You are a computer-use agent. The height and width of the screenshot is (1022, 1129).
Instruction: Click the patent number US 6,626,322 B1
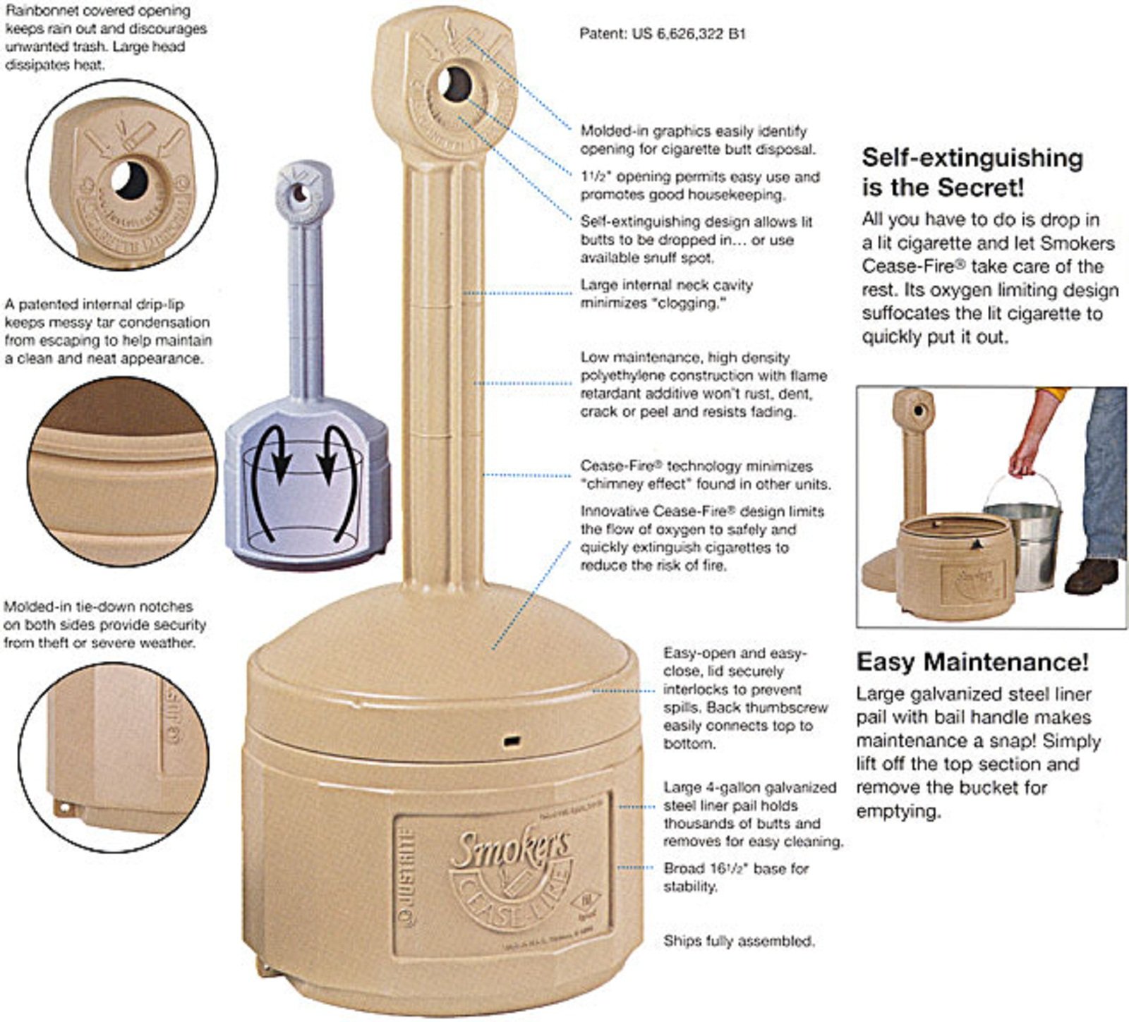662,33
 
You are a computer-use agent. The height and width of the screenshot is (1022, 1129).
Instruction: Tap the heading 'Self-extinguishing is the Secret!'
972,172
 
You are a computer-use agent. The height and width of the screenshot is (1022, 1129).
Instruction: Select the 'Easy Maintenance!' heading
972,662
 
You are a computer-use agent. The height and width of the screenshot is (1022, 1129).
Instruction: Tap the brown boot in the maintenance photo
1091,576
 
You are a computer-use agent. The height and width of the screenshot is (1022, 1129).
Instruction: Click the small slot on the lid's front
511,741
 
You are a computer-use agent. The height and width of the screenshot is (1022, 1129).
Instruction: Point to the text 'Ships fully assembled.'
739,941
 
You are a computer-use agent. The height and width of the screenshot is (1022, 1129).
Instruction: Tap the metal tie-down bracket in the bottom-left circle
65,806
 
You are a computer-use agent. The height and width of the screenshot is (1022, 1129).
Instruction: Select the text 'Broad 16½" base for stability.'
735,877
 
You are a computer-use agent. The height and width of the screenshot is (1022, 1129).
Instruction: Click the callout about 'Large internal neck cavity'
666,293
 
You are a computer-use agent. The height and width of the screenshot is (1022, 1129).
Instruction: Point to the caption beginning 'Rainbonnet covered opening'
106,38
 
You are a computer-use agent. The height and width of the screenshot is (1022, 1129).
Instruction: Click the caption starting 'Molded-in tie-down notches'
104,624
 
